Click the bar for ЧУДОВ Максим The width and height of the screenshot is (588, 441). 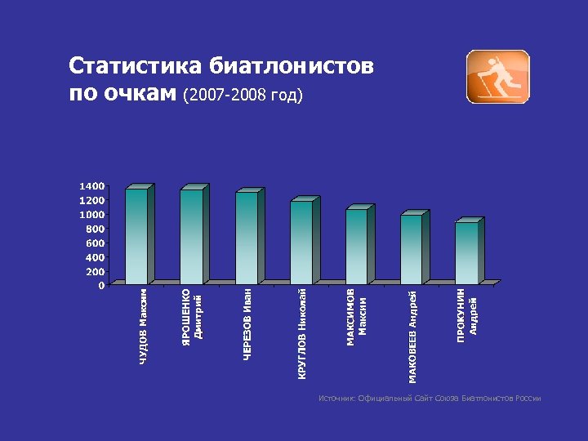tap(136, 237)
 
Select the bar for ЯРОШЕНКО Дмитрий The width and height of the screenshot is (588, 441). tap(191, 237)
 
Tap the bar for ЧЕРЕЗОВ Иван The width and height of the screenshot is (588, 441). tap(247, 238)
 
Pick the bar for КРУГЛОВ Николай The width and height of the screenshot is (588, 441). tap(301, 243)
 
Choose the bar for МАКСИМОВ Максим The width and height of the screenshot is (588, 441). tap(356, 247)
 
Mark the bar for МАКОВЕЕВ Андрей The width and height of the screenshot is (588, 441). tap(411, 250)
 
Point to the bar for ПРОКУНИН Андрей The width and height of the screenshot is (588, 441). tap(466, 253)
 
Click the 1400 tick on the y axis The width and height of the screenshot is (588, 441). tap(91, 186)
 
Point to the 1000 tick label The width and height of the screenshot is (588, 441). tap(91, 215)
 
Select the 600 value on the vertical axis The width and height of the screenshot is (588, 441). tap(94, 243)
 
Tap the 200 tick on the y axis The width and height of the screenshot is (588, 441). tap(94, 271)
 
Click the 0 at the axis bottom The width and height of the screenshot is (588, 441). tap(100, 286)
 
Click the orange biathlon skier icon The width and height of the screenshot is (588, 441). tap(497, 77)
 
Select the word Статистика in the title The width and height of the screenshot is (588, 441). tap(136, 66)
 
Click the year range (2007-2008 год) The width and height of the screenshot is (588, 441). tap(244, 96)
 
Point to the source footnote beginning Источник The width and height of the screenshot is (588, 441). tap(430, 399)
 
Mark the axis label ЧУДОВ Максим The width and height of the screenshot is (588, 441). tap(144, 326)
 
